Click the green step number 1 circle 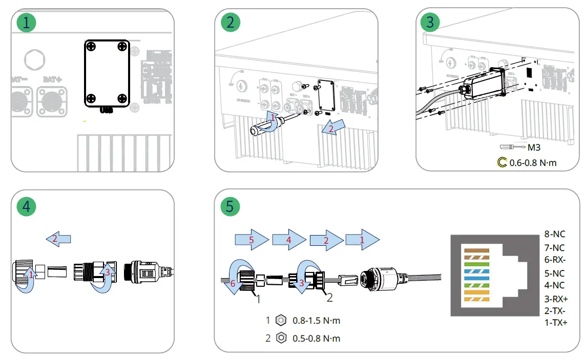click(x=27, y=23)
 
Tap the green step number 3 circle click(x=430, y=23)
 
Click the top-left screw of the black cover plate click(x=91, y=47)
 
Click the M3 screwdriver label click(x=535, y=147)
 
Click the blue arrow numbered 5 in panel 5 click(x=252, y=239)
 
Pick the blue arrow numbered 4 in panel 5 click(x=289, y=239)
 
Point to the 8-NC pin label click(x=555, y=235)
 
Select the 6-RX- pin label click(x=555, y=260)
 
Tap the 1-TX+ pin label click(x=556, y=323)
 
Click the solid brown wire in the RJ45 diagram click(x=476, y=251)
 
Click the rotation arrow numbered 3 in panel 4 click(x=106, y=277)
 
